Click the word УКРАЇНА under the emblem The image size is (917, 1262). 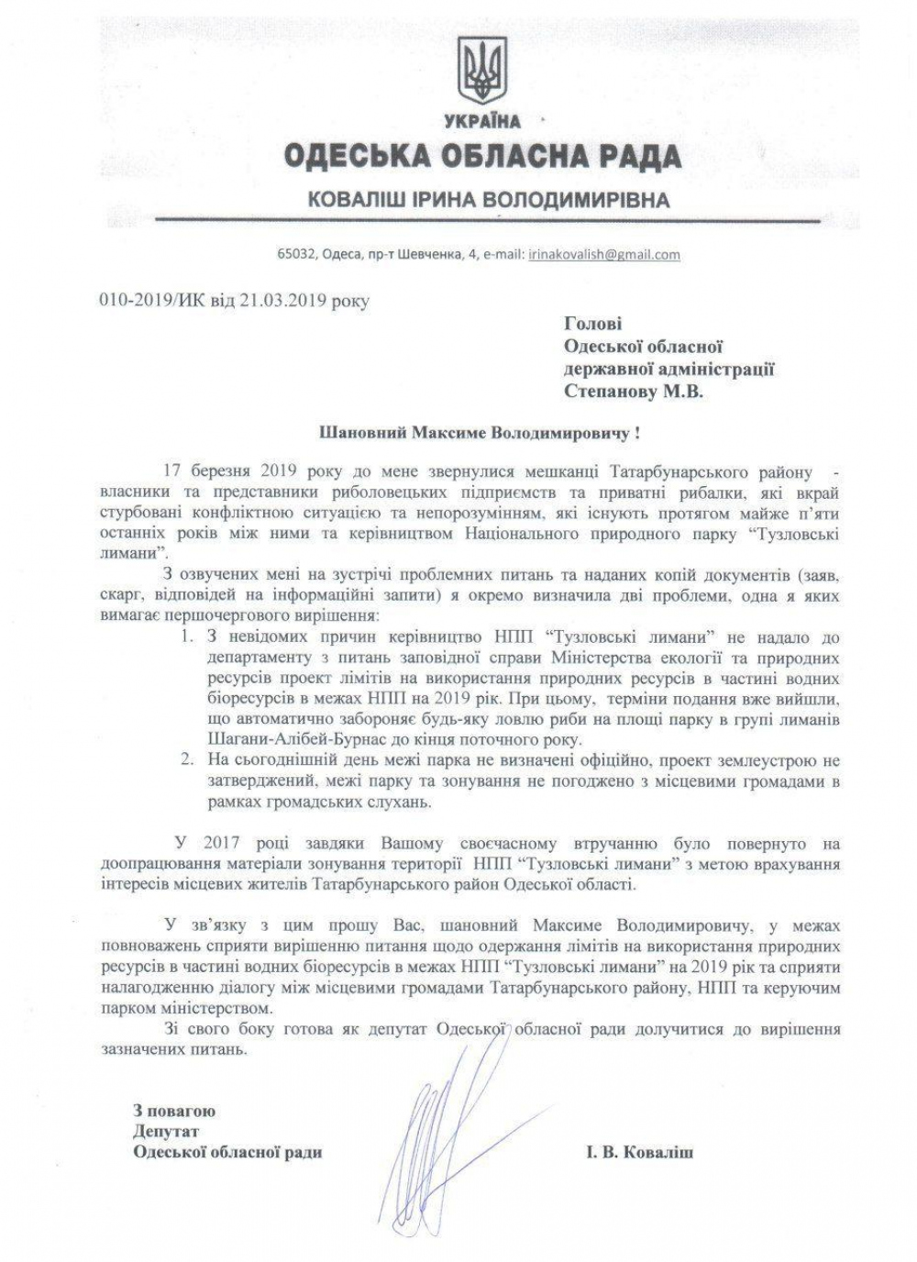[x=482, y=121]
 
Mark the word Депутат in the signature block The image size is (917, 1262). [x=166, y=1131]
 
